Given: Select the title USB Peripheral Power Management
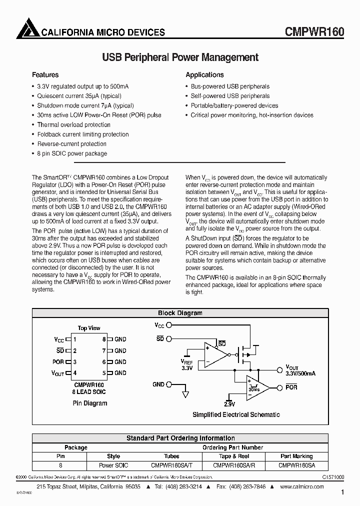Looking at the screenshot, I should click(x=180, y=57).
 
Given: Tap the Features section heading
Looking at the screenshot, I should click(x=45, y=75).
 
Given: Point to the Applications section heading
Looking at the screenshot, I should click(x=204, y=75).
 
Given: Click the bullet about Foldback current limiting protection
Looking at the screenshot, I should click(x=83, y=134).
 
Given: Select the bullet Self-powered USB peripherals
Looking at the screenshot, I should click(x=230, y=96).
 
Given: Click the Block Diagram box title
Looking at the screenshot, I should click(x=180, y=313).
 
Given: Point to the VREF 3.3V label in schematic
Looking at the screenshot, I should click(x=187, y=363).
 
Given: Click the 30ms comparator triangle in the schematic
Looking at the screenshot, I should click(x=256, y=387).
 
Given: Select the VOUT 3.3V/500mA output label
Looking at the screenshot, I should click(x=300, y=370).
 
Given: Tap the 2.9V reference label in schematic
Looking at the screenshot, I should click(x=229, y=403).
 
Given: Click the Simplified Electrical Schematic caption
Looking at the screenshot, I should click(x=236, y=414).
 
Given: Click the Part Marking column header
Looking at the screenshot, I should click(x=296, y=456).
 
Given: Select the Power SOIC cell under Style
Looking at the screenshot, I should click(x=113, y=465).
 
